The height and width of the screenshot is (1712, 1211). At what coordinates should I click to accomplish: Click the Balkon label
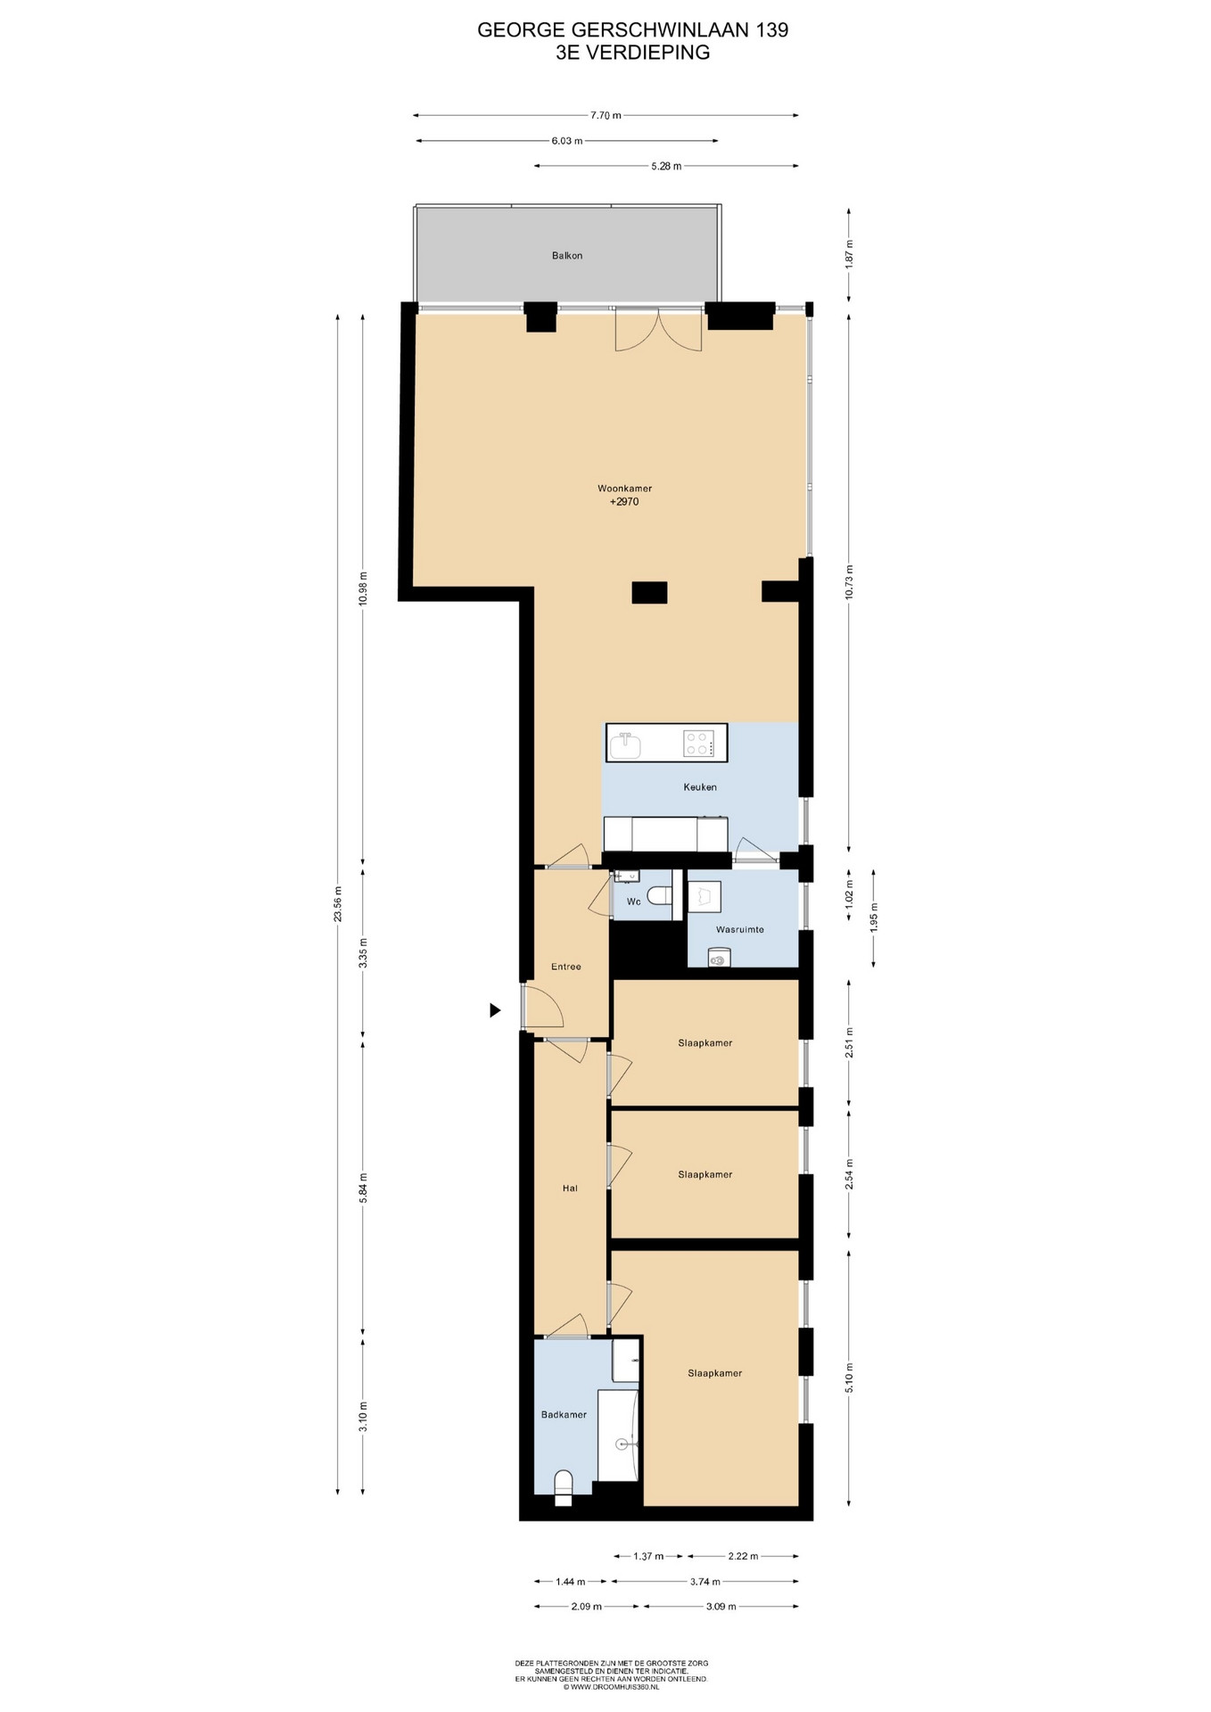pyautogui.click(x=567, y=256)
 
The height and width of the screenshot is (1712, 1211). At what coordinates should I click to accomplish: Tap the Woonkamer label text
pyautogui.click(x=624, y=489)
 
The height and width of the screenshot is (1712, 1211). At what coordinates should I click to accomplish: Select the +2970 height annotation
pyautogui.click(x=624, y=502)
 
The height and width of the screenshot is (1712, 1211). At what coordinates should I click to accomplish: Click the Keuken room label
pyautogui.click(x=700, y=787)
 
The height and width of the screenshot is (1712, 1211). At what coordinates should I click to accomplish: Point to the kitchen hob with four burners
pyautogui.click(x=699, y=743)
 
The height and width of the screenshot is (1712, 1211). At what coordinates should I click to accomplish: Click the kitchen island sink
pyautogui.click(x=626, y=745)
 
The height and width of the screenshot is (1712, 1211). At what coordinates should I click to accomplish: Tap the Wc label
pyautogui.click(x=634, y=901)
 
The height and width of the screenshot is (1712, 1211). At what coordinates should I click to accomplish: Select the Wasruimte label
pyautogui.click(x=740, y=929)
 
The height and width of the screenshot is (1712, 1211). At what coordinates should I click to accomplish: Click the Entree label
pyautogui.click(x=566, y=967)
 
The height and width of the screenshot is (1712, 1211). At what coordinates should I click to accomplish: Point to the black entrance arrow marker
pyautogui.click(x=495, y=1010)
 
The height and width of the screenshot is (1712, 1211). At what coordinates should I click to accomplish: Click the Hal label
pyautogui.click(x=570, y=1188)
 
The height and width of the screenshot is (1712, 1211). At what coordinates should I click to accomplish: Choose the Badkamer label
pyautogui.click(x=564, y=1414)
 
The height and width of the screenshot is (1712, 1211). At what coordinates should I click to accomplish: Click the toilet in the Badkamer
pyautogui.click(x=563, y=1487)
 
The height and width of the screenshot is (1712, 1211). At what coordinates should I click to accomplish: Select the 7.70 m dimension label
pyautogui.click(x=605, y=115)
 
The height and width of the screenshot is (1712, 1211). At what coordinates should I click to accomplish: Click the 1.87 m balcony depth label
pyautogui.click(x=849, y=256)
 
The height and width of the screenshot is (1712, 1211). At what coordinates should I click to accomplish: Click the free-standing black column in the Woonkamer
pyautogui.click(x=649, y=592)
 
